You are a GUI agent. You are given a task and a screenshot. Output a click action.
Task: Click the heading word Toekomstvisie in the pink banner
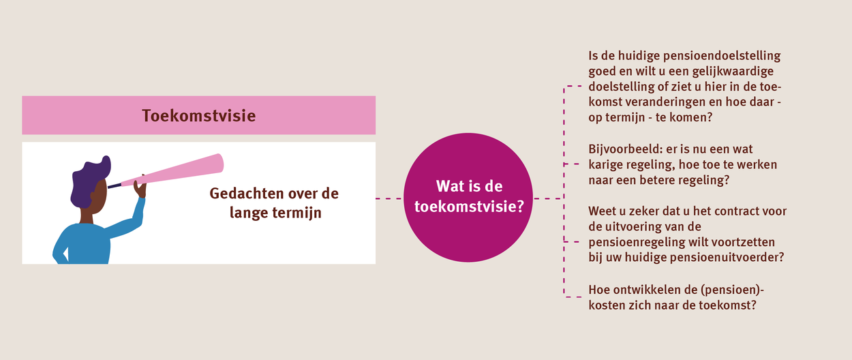[x=198, y=116]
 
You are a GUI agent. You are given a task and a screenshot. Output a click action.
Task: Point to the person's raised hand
[x=141, y=186]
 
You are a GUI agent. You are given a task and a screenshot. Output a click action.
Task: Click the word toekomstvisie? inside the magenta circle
[x=470, y=207]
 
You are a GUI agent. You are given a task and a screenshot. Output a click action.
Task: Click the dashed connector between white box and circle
[x=389, y=198]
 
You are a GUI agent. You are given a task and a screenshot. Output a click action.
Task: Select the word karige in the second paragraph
[x=605, y=165]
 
